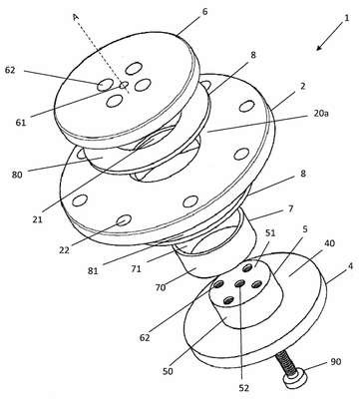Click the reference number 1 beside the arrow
[x=347, y=18]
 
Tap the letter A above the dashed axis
[x=76, y=17]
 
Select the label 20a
[x=320, y=114]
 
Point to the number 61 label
[x=21, y=123]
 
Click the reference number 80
[x=17, y=175]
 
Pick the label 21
[x=38, y=219]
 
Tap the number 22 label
[x=64, y=250]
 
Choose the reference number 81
[x=93, y=271]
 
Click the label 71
[x=136, y=268]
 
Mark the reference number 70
[x=161, y=287]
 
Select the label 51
[x=270, y=232]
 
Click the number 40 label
[x=329, y=243]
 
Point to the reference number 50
[x=168, y=371]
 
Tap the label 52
[x=243, y=388]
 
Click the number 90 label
[x=336, y=361]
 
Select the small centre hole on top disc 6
[x=124, y=86]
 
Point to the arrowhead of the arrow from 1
[x=319, y=48]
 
